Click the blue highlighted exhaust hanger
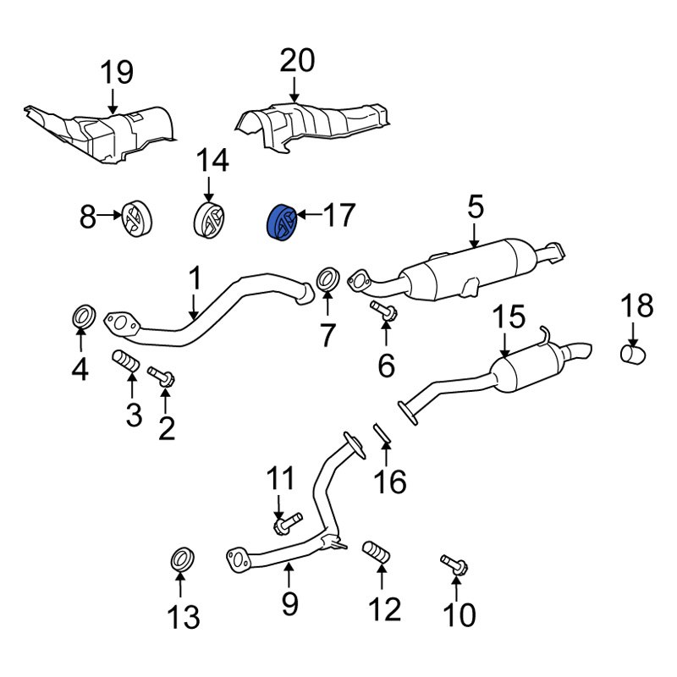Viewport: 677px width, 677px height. tap(281, 223)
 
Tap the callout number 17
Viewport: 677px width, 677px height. tap(338, 217)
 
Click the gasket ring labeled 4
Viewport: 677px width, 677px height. tap(81, 318)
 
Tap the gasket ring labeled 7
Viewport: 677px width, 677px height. tap(327, 278)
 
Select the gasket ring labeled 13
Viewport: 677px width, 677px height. tap(181, 559)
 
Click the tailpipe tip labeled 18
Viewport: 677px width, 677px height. tap(633, 354)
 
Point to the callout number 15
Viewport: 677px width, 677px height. tap(509, 318)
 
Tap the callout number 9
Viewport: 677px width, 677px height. tap(289, 603)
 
